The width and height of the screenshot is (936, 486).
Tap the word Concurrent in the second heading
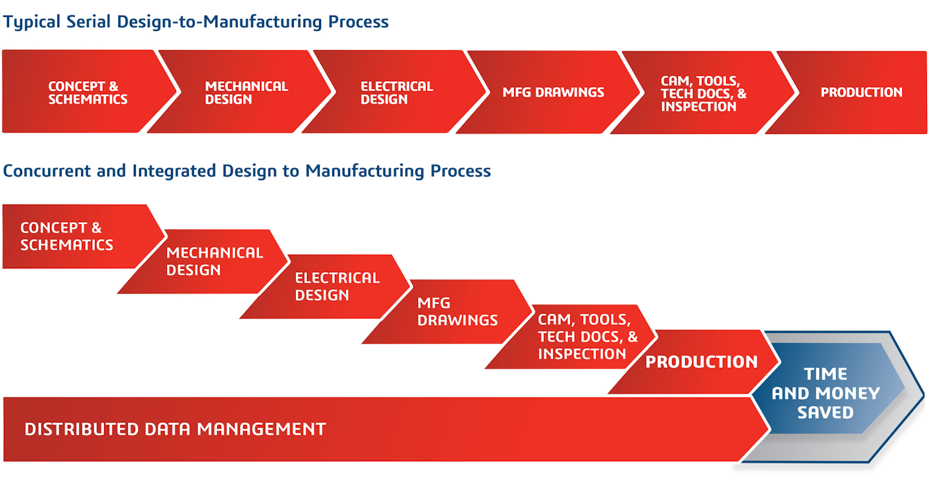click(x=44, y=171)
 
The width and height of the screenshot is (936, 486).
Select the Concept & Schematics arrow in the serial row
click(x=88, y=92)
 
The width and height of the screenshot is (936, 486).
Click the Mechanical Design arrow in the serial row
click(x=246, y=92)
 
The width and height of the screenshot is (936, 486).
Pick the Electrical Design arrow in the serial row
click(x=396, y=92)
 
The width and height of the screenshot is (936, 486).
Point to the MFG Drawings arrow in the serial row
click(x=552, y=92)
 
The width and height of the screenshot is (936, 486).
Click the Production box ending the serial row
click(x=861, y=92)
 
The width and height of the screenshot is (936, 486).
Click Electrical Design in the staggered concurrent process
click(x=336, y=287)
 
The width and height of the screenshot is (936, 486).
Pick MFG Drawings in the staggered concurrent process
click(x=457, y=312)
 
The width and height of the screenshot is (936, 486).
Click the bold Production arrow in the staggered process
click(x=701, y=362)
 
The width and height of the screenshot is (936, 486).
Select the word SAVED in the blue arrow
click(x=825, y=413)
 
